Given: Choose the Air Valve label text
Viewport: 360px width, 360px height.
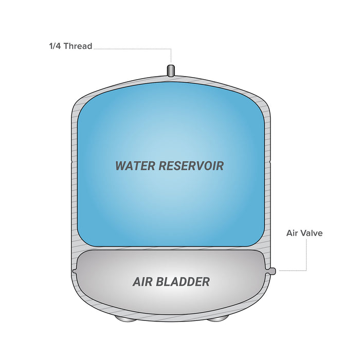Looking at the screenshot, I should pos(304,233).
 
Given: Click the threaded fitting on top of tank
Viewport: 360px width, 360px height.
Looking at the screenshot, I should pos(171,70).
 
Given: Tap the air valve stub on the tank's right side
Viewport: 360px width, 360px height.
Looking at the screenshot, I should pos(273,271).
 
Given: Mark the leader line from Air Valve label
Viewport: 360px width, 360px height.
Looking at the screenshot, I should pos(306,257).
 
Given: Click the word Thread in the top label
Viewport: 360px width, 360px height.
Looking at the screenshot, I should pos(79,46).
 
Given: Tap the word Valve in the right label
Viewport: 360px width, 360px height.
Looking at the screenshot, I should pos(312,233).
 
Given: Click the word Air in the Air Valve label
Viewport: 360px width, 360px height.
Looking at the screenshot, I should pos(292,233).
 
